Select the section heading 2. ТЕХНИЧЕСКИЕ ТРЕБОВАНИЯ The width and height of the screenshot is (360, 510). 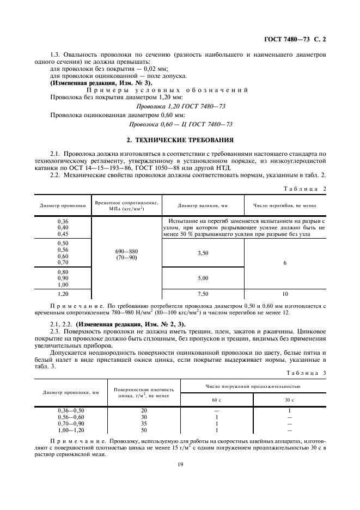coord(180,139)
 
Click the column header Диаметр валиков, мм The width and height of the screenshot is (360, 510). coord(203,205)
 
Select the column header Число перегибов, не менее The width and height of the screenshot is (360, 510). coord(285,205)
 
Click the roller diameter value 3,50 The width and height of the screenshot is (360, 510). coord(203,253)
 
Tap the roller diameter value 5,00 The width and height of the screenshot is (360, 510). coord(203,278)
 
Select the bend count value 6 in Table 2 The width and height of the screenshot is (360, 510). coord(285,263)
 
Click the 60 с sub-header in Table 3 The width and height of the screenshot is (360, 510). coord(217,400)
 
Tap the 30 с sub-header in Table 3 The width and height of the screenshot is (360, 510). coord(289,400)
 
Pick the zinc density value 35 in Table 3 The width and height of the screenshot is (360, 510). coord(144,423)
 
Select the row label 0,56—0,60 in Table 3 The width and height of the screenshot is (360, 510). coord(71,417)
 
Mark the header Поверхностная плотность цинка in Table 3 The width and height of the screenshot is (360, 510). coord(144,392)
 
